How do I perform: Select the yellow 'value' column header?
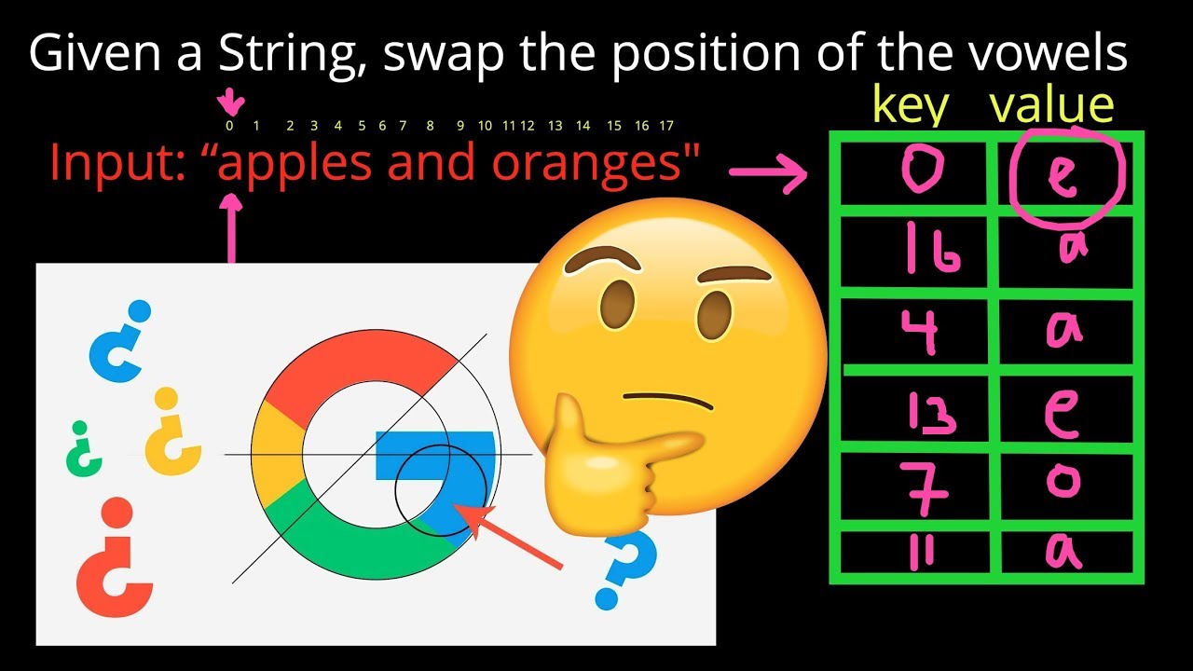tap(1051, 106)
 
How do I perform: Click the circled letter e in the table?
tap(1065, 176)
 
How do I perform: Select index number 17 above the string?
tap(666, 125)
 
